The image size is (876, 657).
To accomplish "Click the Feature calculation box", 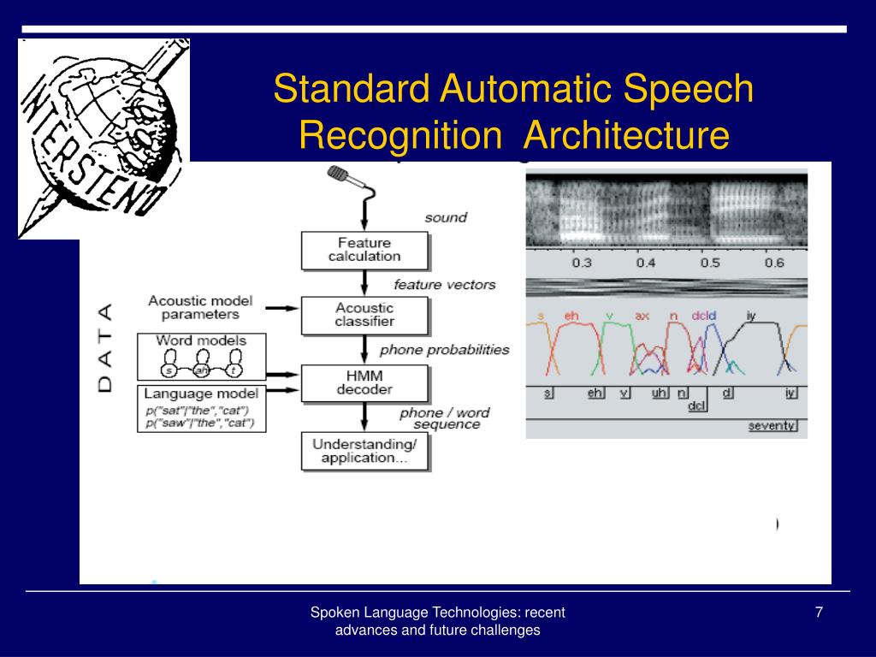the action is (x=364, y=249).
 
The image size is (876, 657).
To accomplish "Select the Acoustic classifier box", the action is (x=364, y=314).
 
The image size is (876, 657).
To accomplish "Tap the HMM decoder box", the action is (x=364, y=382).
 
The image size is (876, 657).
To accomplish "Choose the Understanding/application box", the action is (x=364, y=451).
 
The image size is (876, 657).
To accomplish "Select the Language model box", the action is (x=202, y=408).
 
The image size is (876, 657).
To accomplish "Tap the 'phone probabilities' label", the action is (x=444, y=349).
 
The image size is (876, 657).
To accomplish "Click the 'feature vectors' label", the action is (x=444, y=284).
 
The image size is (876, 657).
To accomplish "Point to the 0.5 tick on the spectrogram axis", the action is (x=710, y=263).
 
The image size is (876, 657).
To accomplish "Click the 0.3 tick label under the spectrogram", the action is (x=582, y=263).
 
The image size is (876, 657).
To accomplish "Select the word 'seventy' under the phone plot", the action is (x=772, y=425).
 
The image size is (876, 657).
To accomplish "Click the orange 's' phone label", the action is (x=541, y=317).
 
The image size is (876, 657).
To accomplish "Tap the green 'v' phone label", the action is (x=609, y=317).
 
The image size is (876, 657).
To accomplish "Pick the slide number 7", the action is (x=819, y=612).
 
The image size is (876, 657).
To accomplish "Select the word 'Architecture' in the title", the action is (x=627, y=135).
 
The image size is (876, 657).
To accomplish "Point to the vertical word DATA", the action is (x=105, y=347).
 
